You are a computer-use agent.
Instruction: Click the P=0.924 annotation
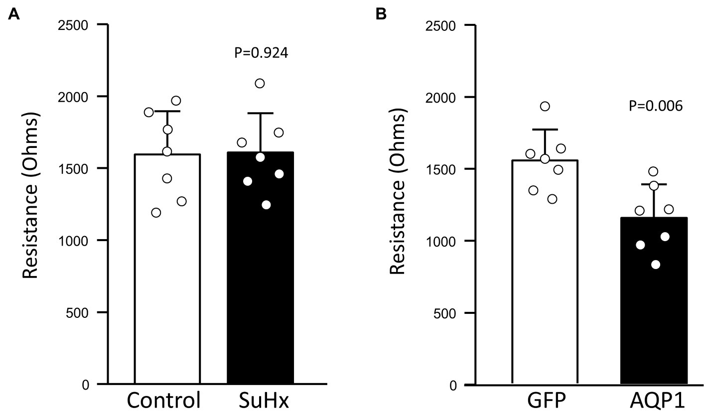tap(261, 53)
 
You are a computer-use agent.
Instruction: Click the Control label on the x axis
tap(164, 400)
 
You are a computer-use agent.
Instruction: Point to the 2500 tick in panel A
tap(82, 24)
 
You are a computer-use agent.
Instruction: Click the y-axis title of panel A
tap(30, 204)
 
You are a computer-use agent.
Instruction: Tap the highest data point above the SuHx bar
tap(260, 83)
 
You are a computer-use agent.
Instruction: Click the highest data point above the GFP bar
tap(545, 106)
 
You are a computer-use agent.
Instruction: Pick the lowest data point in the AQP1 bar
tap(656, 265)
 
